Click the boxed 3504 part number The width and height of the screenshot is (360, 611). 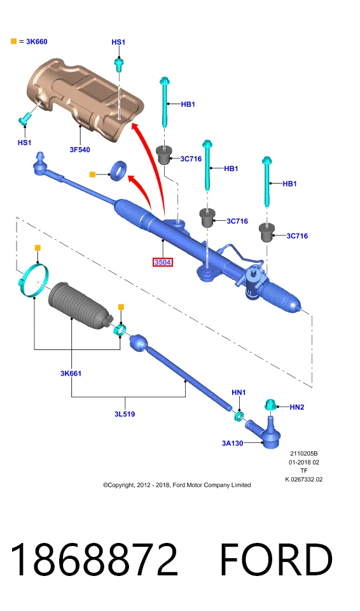pyautogui.click(x=162, y=262)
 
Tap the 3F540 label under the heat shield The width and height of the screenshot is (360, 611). pyautogui.click(x=80, y=150)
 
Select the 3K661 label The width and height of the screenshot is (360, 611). pyautogui.click(x=71, y=374)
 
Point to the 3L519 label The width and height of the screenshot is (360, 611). pyautogui.click(x=125, y=414)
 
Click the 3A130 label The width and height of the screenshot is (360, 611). pyautogui.click(x=233, y=443)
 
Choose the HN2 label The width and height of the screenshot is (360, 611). pyautogui.click(x=297, y=407)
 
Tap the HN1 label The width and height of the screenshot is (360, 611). pyautogui.click(x=239, y=393)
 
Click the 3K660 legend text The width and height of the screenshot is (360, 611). pyautogui.click(x=37, y=41)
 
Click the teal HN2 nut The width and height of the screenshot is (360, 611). pyautogui.click(x=270, y=405)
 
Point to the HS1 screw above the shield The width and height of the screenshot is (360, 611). pyautogui.click(x=118, y=64)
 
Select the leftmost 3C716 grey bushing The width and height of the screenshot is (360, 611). pyautogui.click(x=164, y=154)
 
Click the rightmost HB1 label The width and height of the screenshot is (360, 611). pyautogui.click(x=289, y=183)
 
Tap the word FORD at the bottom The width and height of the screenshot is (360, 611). pyautogui.click(x=276, y=559)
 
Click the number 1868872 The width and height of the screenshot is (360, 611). pyautogui.click(x=94, y=560)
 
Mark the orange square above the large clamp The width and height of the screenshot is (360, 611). pyautogui.click(x=38, y=248)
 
